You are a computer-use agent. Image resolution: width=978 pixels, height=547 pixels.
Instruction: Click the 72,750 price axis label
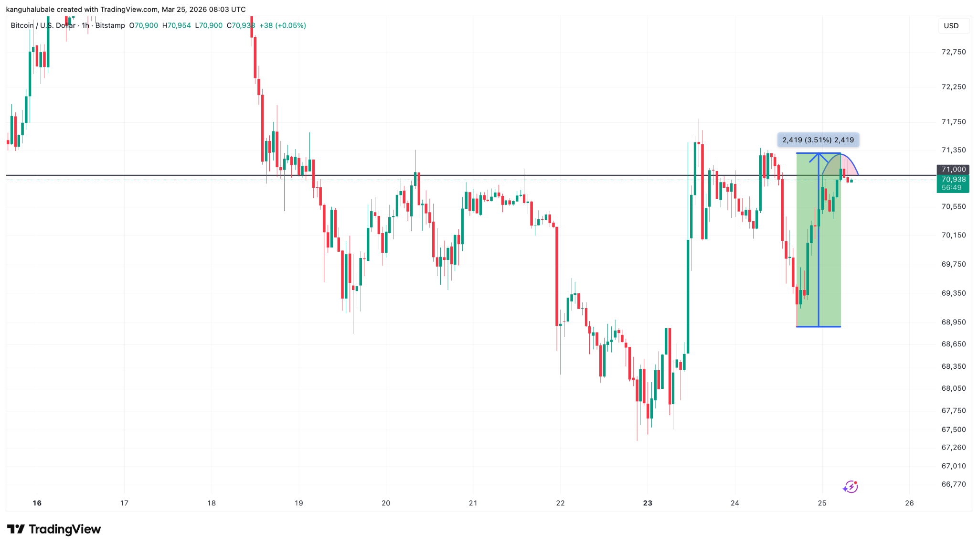point(953,52)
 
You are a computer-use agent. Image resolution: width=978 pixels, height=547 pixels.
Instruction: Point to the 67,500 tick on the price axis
point(953,429)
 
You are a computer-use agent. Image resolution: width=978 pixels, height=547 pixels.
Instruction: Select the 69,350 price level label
point(953,293)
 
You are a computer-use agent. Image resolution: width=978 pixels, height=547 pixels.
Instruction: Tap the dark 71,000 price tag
point(953,169)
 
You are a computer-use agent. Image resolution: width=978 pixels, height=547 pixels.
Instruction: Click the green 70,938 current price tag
point(953,180)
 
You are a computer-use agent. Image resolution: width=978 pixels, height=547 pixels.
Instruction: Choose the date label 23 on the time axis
point(648,503)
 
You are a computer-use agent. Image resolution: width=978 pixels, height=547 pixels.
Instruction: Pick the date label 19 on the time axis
point(298,503)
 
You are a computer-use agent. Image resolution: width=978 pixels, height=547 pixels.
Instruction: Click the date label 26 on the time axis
point(909,503)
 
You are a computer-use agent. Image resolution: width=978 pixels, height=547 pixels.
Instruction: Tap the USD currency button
point(951,26)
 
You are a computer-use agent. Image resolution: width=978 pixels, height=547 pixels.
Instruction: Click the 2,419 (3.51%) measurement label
point(818,140)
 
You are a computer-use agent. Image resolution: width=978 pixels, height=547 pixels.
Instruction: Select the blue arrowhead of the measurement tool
point(819,156)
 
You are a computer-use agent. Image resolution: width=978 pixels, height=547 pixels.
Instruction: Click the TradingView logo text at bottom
point(64,529)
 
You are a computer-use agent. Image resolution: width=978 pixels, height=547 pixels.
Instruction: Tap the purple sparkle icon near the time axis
point(850,487)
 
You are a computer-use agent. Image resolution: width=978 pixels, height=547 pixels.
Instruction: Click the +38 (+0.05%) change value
point(282,25)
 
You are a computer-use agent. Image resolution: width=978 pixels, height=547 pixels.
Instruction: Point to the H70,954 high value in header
point(176,25)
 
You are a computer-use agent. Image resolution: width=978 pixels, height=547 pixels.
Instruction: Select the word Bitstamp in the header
point(110,25)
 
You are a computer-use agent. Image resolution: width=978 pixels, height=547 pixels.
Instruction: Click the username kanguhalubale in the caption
point(30,10)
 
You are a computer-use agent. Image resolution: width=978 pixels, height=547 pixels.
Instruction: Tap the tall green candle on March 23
point(688,296)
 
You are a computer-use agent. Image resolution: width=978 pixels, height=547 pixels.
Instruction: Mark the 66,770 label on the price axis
point(953,484)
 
